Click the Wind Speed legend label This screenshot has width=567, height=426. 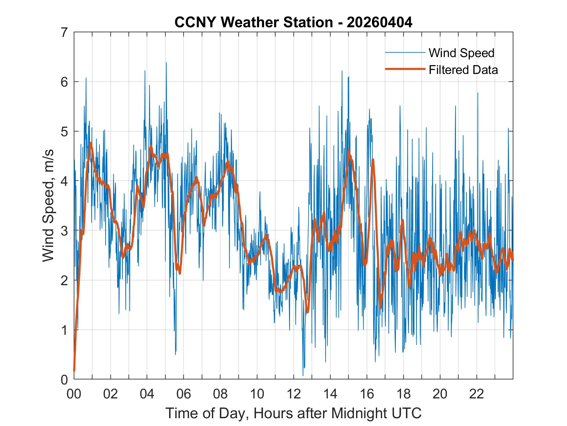point(461,53)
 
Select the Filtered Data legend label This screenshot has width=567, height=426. point(463,70)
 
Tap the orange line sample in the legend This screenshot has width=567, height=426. point(405,69)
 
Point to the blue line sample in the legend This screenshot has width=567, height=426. point(405,53)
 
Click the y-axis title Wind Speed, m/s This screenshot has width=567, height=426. point(48,206)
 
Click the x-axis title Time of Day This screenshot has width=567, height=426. point(293,413)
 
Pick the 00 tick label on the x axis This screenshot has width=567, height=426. point(74,394)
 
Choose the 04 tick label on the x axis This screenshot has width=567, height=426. point(147,394)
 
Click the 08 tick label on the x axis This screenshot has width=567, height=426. point(220,394)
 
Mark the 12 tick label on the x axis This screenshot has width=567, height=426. point(294,394)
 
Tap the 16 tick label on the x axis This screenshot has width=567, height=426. point(367,394)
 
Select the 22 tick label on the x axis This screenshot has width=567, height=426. point(477,394)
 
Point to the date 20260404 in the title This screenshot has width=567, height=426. point(380,22)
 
